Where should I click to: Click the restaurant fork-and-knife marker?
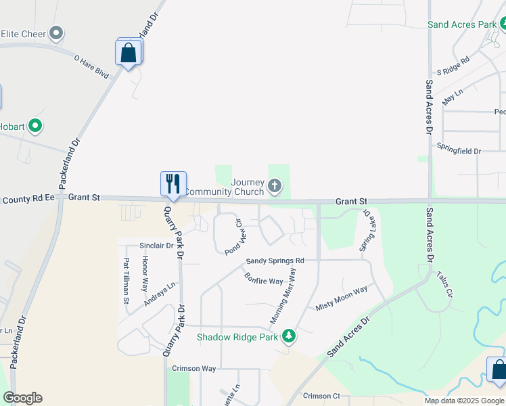[172, 183]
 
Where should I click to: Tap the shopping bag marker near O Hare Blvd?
[129, 52]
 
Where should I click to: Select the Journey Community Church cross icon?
[274, 185]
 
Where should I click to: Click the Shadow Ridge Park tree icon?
[289, 336]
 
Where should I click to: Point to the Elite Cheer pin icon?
[57, 32]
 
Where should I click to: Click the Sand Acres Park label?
[462, 24]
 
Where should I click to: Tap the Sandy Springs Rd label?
[275, 261]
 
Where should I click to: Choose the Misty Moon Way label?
[342, 298]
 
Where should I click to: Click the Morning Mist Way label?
[284, 296]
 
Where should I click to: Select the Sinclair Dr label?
[156, 246]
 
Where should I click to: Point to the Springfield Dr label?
[459, 151]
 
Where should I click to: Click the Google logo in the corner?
[22, 398]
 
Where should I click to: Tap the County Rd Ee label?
[28, 199]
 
